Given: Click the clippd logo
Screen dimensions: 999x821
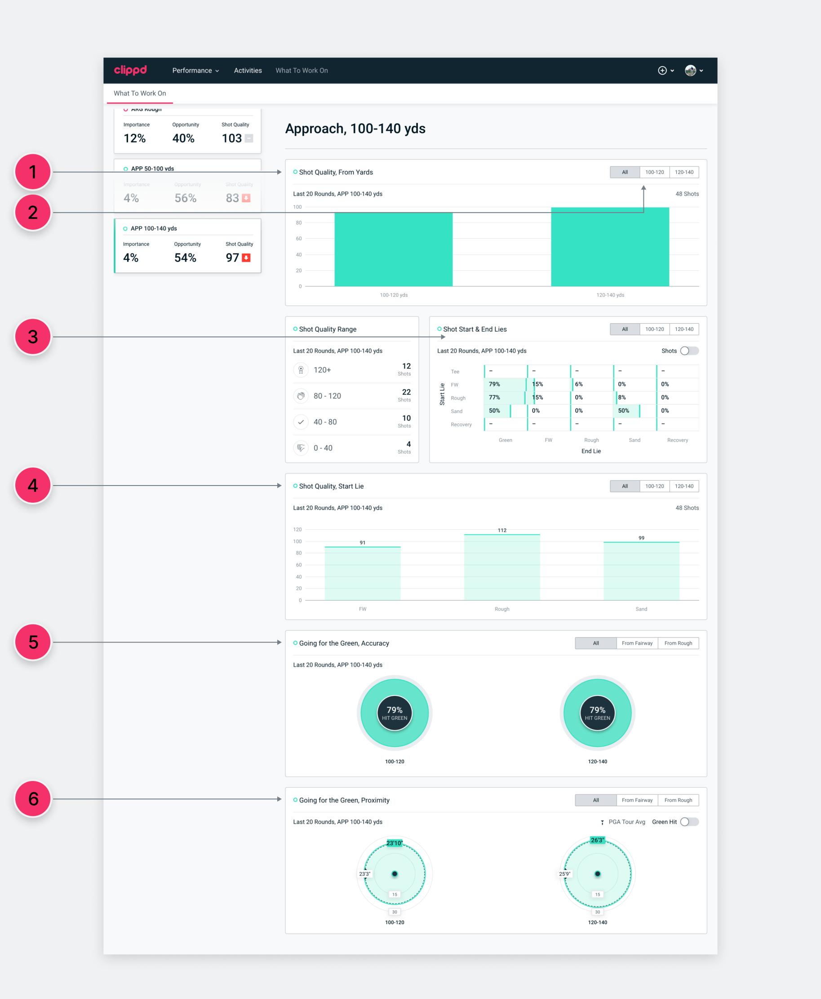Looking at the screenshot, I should coord(130,70).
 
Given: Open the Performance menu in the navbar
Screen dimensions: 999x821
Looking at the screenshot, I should coord(195,71).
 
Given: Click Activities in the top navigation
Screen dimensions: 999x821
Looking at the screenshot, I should coord(248,71).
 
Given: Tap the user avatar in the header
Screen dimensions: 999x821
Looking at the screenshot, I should coord(691,71).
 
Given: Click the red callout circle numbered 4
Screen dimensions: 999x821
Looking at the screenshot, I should coord(33,485).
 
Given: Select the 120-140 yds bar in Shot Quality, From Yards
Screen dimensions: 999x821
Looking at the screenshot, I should coord(610,246).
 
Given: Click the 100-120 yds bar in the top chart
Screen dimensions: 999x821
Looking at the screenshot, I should coord(393,250).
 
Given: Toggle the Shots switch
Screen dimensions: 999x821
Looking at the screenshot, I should coord(689,351).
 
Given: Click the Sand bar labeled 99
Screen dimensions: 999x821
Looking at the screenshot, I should coord(641,571).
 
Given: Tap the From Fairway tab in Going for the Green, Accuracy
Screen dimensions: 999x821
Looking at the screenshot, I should coord(637,643).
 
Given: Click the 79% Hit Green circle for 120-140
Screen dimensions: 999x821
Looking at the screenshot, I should coord(597,713).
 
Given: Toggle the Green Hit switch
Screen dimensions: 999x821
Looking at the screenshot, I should coord(689,822).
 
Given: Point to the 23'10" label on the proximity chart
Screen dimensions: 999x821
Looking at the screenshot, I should coord(394,843).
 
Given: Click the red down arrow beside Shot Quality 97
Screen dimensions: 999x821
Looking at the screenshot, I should coord(246,258).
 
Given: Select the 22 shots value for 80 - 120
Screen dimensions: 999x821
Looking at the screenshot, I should coord(406,392).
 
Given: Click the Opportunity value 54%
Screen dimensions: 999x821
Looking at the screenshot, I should coord(185,258).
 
